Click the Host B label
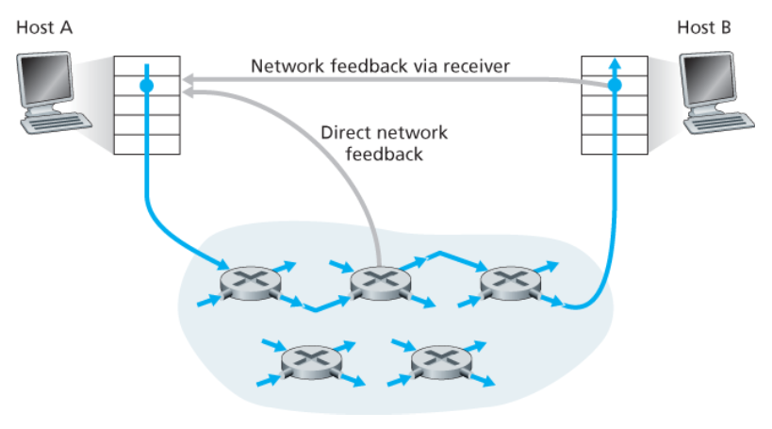(703, 26)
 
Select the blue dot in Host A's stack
(146, 87)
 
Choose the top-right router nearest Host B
(508, 280)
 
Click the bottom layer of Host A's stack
(146, 145)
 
